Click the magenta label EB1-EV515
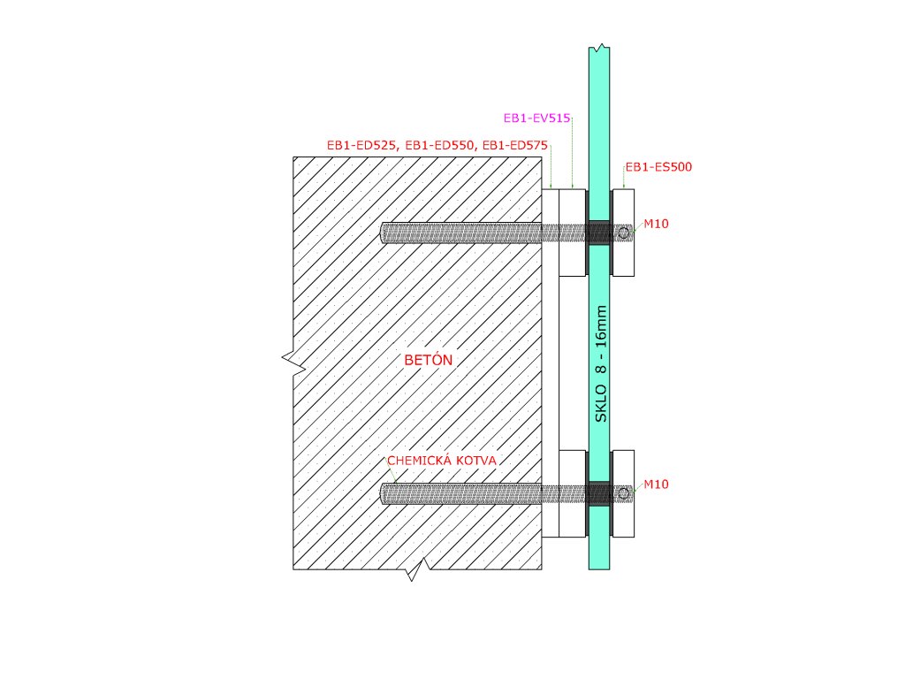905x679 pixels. (x=536, y=117)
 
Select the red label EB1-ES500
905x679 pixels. (x=658, y=166)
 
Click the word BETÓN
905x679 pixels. (x=428, y=360)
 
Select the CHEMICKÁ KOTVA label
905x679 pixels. (x=444, y=462)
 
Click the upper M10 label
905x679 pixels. (x=656, y=224)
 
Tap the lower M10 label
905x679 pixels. (x=656, y=484)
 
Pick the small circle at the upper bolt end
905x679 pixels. (x=624, y=233)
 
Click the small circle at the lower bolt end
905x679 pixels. (x=624, y=492)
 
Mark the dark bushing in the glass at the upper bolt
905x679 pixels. (x=599, y=233)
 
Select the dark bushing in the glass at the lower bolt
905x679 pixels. (x=599, y=493)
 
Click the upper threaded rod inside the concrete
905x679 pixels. (x=460, y=233)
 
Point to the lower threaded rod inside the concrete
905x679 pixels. (x=460, y=493)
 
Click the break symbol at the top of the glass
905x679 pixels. (x=600, y=46)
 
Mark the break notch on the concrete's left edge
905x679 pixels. (x=289, y=358)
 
